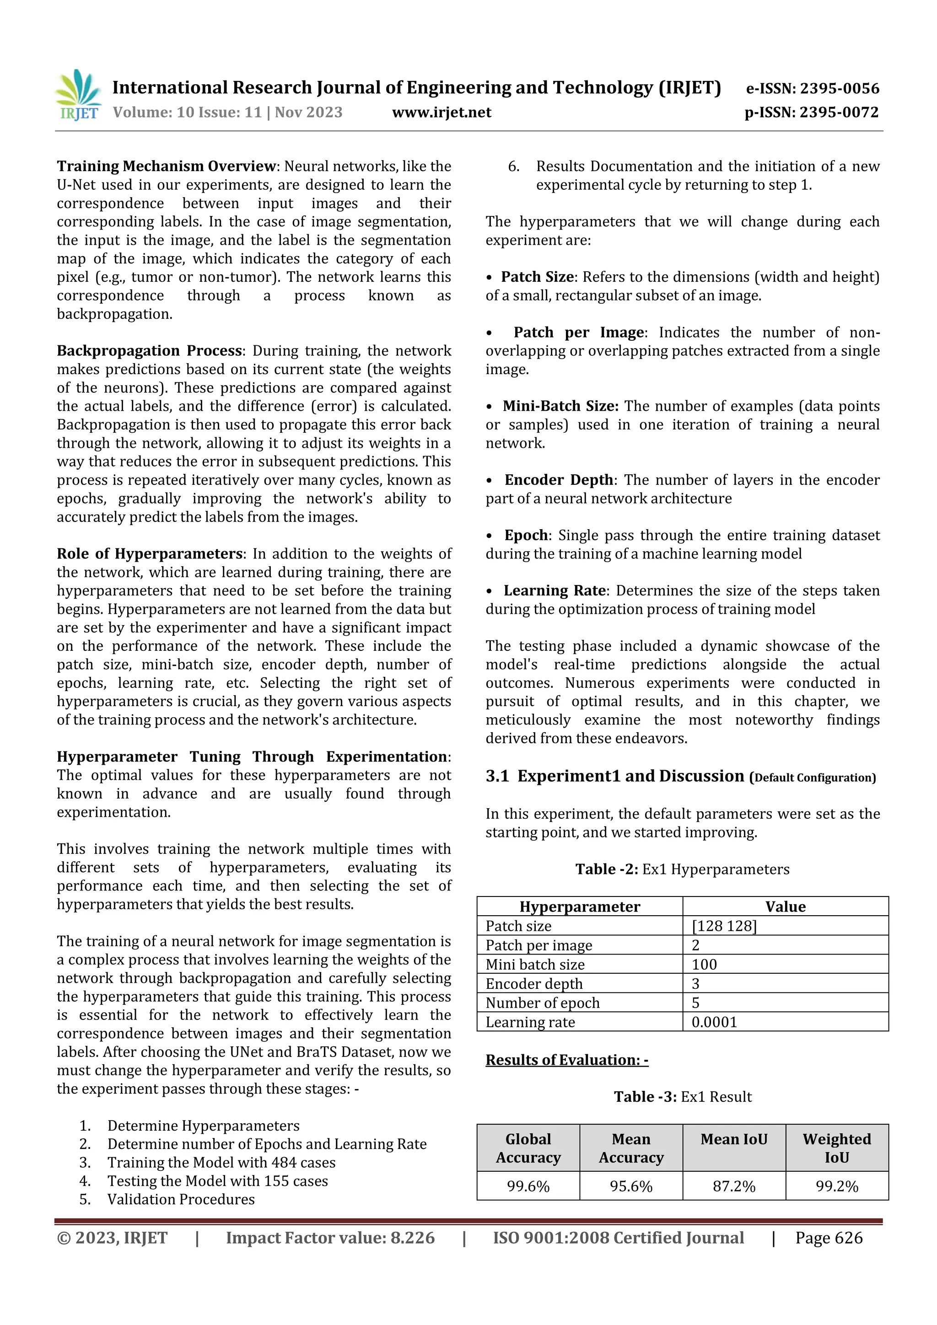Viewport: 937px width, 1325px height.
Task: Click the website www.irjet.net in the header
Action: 442,113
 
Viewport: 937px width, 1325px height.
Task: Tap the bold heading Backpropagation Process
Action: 150,351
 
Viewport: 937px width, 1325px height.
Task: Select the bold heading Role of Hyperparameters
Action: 150,554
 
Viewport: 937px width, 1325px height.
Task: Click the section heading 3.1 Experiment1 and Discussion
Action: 615,777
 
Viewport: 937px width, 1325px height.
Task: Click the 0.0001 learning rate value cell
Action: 714,1022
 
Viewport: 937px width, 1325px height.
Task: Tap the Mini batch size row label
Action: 535,964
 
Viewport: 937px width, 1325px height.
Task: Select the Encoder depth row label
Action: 534,984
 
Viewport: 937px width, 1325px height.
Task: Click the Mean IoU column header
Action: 734,1139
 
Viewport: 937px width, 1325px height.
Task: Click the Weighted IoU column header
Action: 836,1148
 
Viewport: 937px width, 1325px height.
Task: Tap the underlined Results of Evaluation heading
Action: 567,1060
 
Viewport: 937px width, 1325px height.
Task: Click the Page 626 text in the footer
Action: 829,1238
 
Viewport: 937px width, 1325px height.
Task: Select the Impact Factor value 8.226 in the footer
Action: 330,1238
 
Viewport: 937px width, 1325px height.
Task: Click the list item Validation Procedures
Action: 181,1199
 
